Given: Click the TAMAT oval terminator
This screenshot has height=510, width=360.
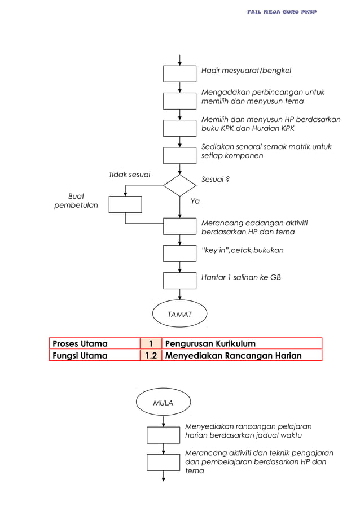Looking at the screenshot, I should click(x=179, y=313).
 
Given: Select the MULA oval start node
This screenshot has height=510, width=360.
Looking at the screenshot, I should click(x=163, y=403).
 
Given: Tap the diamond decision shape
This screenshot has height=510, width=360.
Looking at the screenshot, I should click(x=179, y=185).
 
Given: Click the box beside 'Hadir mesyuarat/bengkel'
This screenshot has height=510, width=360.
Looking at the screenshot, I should click(x=179, y=74).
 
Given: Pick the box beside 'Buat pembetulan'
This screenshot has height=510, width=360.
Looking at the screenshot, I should click(x=125, y=204).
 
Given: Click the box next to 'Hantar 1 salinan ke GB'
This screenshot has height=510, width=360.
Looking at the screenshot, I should click(x=179, y=280).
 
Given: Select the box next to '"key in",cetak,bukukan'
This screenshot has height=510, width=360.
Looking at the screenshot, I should click(x=179, y=253).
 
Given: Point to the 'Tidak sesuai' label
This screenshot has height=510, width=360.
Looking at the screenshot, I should click(x=129, y=175).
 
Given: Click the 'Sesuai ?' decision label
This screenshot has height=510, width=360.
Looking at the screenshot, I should click(x=216, y=180).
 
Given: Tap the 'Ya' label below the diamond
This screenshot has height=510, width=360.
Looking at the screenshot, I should click(x=195, y=200).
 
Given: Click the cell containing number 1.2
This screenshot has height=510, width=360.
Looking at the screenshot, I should click(x=151, y=355).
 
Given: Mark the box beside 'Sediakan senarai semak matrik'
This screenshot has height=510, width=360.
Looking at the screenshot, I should click(x=179, y=155).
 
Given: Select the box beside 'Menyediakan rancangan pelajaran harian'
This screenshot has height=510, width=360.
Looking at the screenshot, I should click(x=163, y=435).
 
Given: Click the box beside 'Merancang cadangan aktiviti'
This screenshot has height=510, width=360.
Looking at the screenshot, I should click(x=179, y=226).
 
